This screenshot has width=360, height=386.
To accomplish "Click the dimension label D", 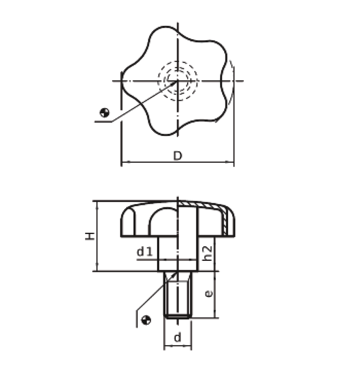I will (177, 156).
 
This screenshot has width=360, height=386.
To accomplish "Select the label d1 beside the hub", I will (145, 252).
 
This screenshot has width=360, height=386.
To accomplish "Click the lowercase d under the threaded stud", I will (178, 337).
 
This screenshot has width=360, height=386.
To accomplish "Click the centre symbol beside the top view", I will (104, 113).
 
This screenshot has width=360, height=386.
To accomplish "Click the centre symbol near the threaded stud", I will (146, 320).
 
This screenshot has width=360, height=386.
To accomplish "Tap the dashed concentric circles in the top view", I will (178, 81).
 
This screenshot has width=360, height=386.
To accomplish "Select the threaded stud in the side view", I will (178, 294).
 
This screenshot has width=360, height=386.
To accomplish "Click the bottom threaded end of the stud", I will (178, 316).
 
